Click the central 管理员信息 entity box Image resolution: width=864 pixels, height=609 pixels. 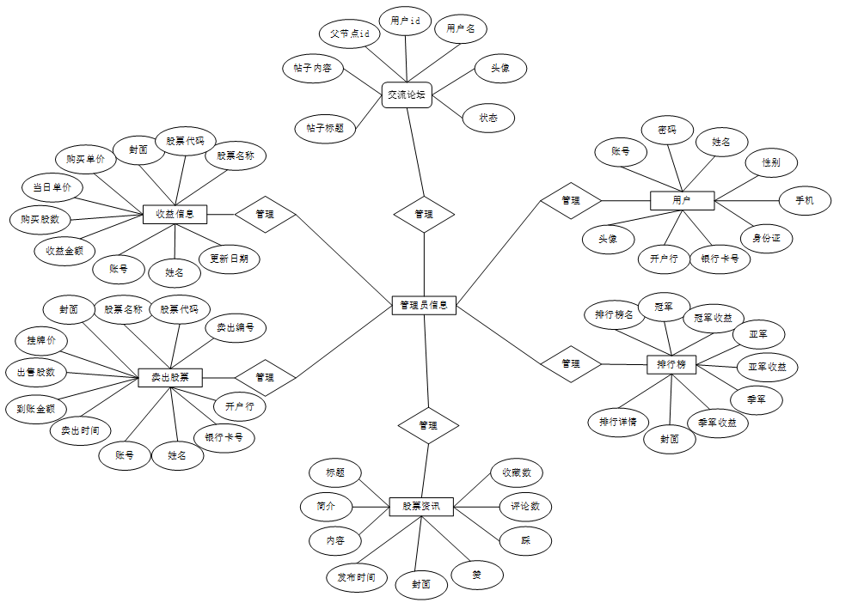coord(425,305)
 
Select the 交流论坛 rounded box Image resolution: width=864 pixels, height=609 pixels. coord(406,94)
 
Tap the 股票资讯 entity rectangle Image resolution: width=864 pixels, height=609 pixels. coord(421,507)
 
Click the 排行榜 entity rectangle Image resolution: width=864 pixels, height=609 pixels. coord(671,364)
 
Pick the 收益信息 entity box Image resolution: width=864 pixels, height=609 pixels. coord(175,214)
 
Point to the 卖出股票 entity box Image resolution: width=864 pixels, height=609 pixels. coord(176,377)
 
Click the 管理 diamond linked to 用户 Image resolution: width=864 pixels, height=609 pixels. coord(570,200)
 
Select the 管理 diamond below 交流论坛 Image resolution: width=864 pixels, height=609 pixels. coord(424,214)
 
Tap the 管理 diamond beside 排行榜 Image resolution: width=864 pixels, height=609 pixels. coord(570,363)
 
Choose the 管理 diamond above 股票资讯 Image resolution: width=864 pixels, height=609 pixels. coord(427,425)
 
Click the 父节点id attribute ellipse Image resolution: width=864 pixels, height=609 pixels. coord(350,33)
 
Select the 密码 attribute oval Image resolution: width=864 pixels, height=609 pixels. coord(667,130)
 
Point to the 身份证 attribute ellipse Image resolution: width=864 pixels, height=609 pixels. coord(766,238)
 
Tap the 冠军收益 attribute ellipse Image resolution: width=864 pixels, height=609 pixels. coord(713,318)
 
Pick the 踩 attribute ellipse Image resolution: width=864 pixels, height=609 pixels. coord(525,540)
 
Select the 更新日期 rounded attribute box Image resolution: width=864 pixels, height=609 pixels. coord(229,258)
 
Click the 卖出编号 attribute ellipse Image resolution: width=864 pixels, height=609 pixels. coord(235,327)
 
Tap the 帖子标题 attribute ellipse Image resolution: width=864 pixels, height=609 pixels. coord(325,128)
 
